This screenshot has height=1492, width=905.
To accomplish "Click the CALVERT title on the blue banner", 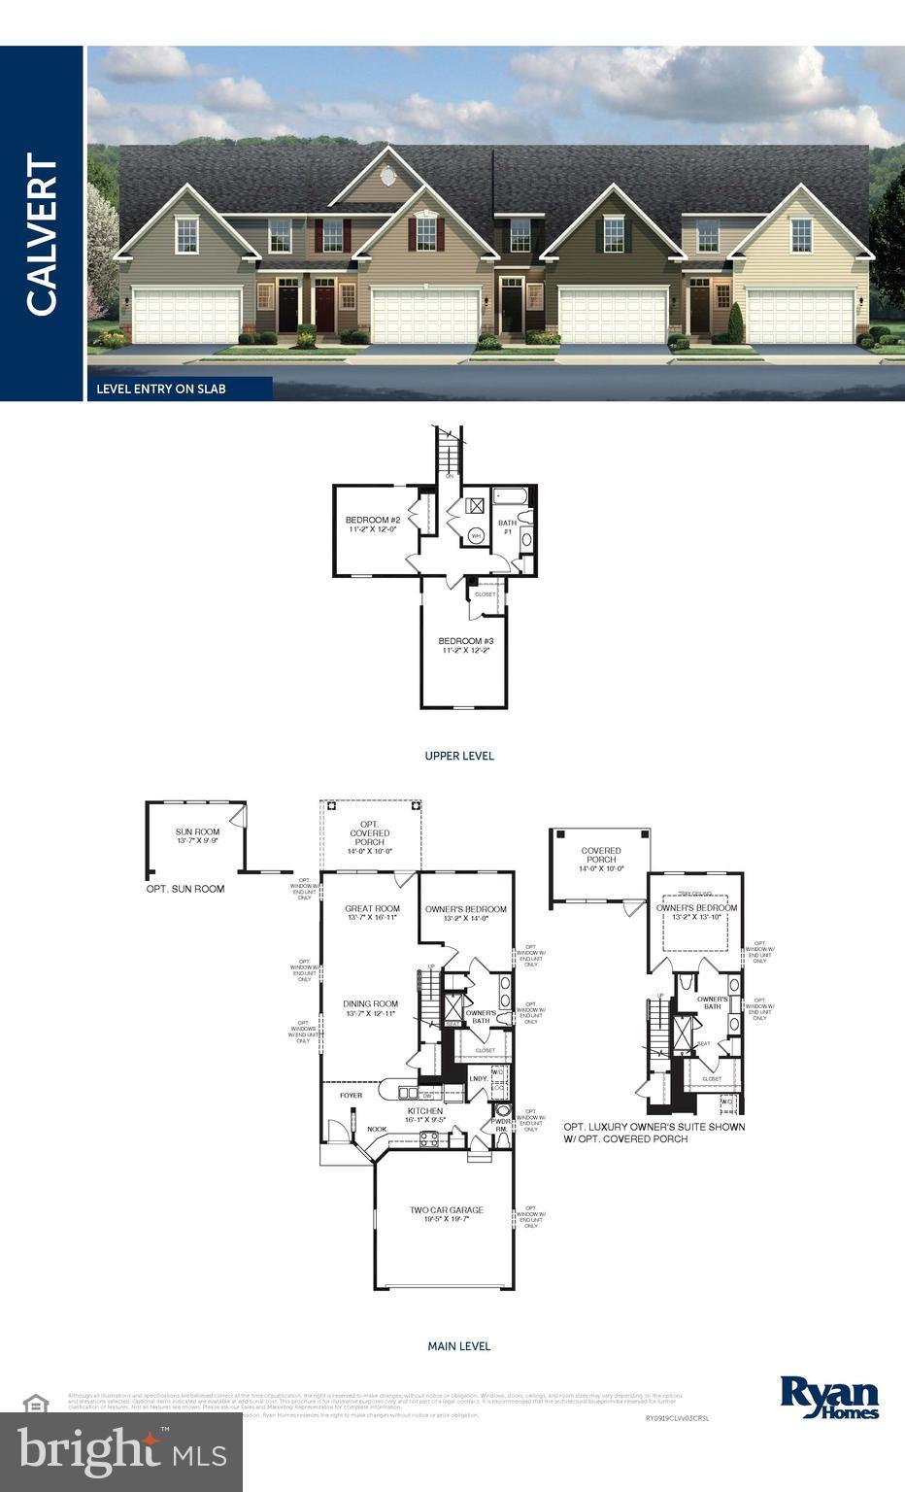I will coord(42,234).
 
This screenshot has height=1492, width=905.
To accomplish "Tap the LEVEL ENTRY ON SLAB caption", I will coord(161,389).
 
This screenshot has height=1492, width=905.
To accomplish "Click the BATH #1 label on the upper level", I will coord(507,527).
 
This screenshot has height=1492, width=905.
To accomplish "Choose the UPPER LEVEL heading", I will coord(459,756).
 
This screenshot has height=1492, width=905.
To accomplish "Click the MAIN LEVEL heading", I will coord(459,1346).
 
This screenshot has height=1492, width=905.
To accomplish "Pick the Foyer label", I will coord(351,1096).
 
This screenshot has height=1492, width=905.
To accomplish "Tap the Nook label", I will coord(377,1129).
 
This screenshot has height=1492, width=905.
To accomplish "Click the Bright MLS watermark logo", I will coord(121,1450).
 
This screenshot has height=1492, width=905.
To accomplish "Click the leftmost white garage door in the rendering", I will coord(185,315).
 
